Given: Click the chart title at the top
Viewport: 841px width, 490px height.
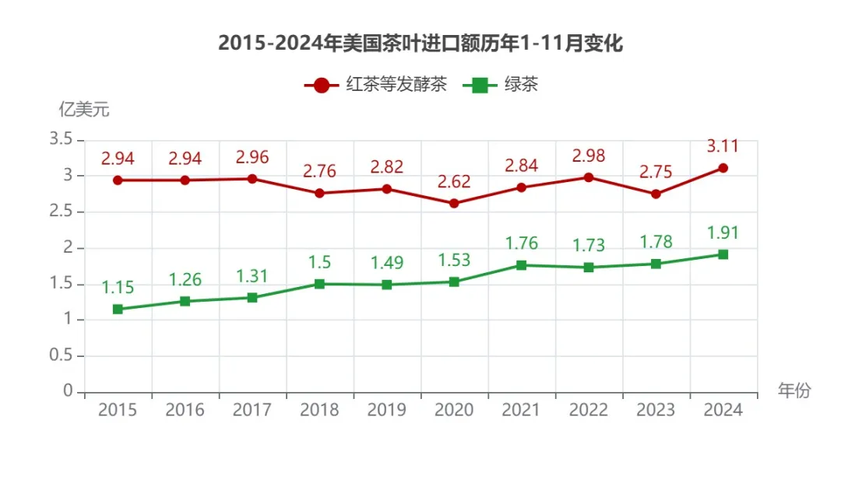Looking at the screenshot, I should click(420, 44).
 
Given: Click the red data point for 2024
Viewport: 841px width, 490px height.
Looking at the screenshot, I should click(723, 168).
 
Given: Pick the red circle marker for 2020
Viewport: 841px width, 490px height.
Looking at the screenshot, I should click(454, 204).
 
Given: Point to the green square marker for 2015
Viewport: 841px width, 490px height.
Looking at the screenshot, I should click(118, 310).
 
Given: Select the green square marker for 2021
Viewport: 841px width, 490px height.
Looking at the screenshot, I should click(521, 265).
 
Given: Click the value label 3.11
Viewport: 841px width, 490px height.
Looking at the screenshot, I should click(723, 145).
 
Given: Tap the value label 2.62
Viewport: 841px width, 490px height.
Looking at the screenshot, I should click(454, 182).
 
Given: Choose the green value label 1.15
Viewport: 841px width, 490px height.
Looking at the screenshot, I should click(118, 287).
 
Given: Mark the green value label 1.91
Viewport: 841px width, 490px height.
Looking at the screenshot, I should click(723, 233).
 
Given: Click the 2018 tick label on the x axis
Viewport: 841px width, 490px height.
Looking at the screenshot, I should click(319, 410).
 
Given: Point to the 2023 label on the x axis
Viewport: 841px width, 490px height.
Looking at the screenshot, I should click(656, 410).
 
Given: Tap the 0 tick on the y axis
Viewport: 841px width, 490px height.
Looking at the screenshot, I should click(68, 391).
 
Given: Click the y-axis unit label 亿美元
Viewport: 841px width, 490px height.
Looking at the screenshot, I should click(84, 110).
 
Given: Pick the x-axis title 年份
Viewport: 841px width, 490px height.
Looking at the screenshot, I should click(794, 390).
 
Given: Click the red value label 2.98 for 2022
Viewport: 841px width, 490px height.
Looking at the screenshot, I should click(589, 156).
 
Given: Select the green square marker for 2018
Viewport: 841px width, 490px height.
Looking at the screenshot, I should click(319, 284).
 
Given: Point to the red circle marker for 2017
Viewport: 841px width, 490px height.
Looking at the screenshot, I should click(252, 179).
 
